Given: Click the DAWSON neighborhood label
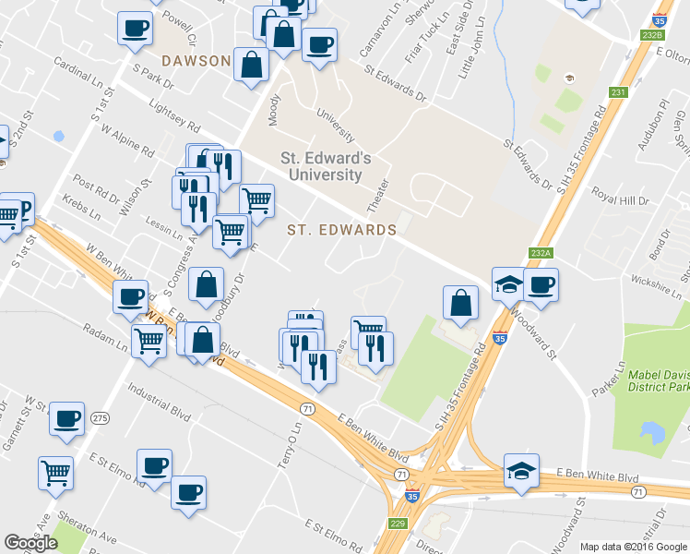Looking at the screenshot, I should coord(196,61).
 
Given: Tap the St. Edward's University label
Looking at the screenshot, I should coord(326,166).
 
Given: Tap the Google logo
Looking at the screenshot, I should coord(30,543).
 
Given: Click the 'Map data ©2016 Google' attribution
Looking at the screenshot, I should coord(633,547).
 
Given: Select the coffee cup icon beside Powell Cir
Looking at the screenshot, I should coord(135,28).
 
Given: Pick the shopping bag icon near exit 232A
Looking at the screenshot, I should coord(460,303).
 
